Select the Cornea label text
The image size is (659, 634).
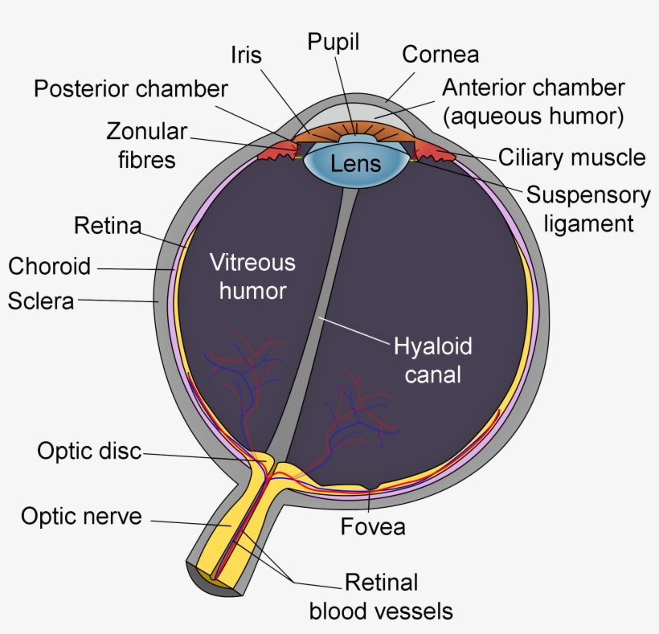coord(440,55)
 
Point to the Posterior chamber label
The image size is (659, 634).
coord(131,88)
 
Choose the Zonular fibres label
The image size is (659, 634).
coord(146,145)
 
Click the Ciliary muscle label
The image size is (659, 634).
coord(571,157)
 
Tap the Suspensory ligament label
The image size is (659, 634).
coord(588,208)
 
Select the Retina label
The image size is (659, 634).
coord(108,226)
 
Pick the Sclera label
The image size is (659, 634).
coord(41,301)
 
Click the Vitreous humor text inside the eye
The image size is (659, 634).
coord(252,276)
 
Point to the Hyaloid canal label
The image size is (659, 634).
coord(432,360)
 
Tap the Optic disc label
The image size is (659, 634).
coord(89,451)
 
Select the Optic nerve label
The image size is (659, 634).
coord(81,516)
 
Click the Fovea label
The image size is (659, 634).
coord(373,528)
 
